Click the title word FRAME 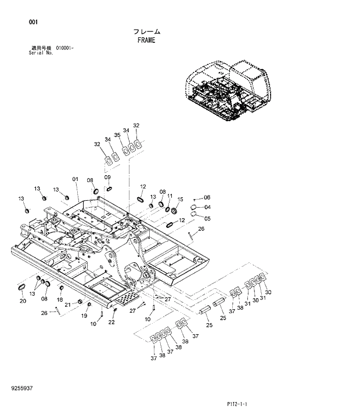(146, 41)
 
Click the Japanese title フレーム (146, 32)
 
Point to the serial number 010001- (64, 48)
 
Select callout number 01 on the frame (75, 179)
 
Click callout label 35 (117, 135)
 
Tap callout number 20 (23, 300)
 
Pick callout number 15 (180, 199)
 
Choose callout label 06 (206, 198)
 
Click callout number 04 (207, 207)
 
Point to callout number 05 (207, 218)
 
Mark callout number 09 (107, 177)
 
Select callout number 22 (113, 322)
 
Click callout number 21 (67, 305)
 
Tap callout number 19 (84, 316)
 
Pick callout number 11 (170, 196)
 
